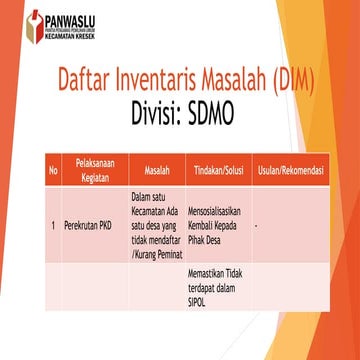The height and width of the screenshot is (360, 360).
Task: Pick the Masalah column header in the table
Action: (x=156, y=171)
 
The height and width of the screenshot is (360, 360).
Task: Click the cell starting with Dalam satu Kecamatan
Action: (x=155, y=226)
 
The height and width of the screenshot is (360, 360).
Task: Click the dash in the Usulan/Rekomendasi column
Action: (x=256, y=226)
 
